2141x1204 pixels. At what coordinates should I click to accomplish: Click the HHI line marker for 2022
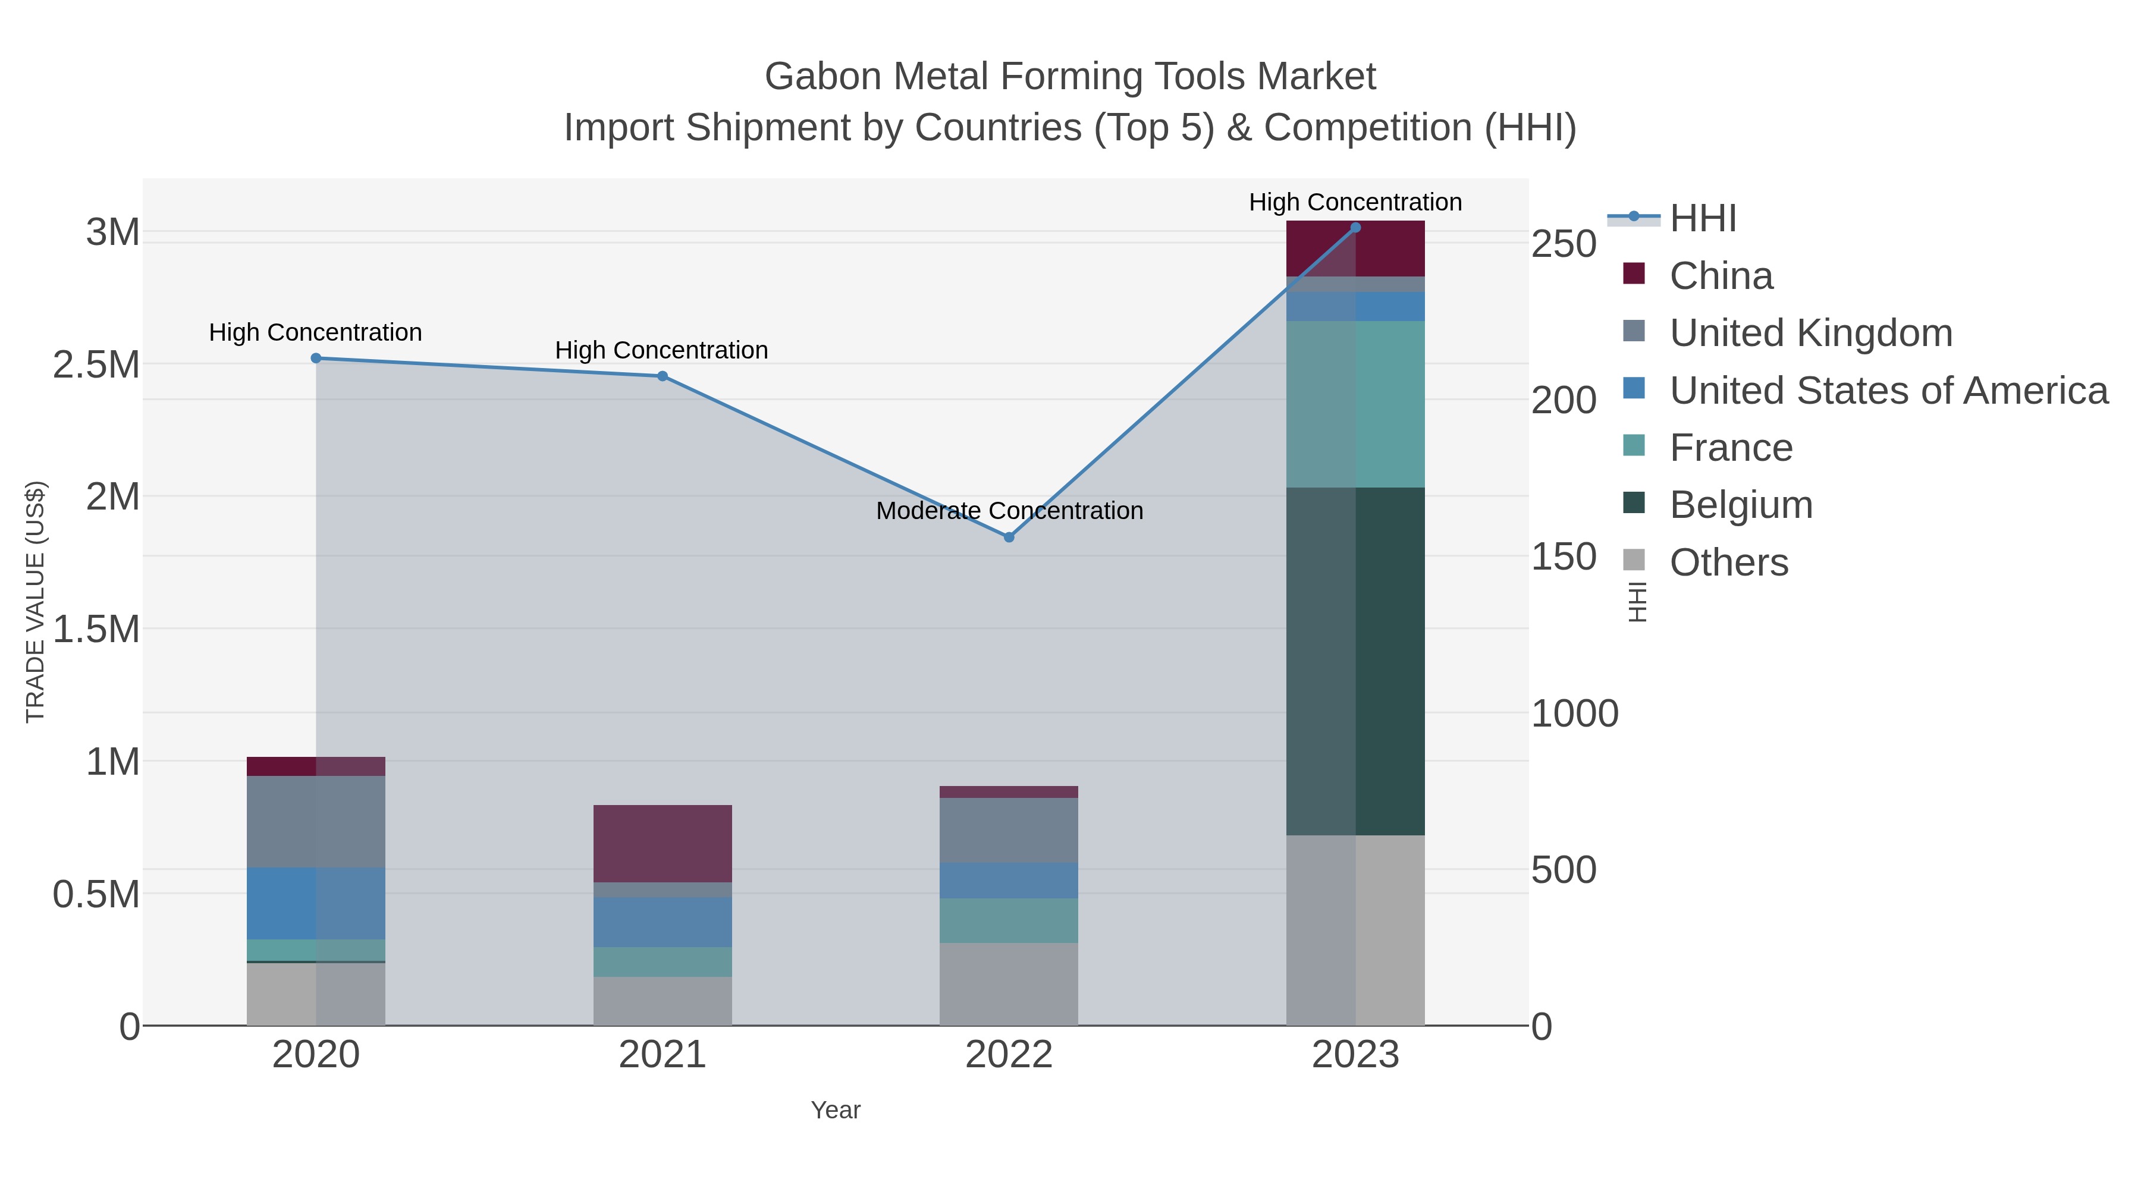tap(1009, 537)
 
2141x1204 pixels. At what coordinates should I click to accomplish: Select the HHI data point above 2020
tap(316, 358)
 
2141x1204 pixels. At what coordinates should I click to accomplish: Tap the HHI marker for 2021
tap(663, 376)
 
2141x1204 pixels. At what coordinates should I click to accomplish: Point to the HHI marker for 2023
tap(1355, 228)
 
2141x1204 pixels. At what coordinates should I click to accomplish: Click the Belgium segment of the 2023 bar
tap(1355, 661)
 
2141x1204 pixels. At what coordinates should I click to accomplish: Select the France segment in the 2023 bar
tap(1355, 404)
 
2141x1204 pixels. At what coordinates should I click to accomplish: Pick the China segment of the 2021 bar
tap(663, 843)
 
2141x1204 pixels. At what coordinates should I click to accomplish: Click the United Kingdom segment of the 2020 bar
tap(316, 821)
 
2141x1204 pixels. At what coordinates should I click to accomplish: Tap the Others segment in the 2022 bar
tap(1009, 984)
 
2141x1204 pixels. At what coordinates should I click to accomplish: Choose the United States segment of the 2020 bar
tap(316, 903)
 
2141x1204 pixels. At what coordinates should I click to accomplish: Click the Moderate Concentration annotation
tap(1009, 510)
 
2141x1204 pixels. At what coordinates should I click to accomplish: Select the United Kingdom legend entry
tap(1810, 333)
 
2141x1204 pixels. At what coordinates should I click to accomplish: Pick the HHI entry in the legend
tap(1702, 219)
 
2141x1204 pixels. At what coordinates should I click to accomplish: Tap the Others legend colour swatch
tap(1633, 560)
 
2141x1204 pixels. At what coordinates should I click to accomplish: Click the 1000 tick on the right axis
tap(1574, 713)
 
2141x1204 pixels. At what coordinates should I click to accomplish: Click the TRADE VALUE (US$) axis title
tap(36, 602)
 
